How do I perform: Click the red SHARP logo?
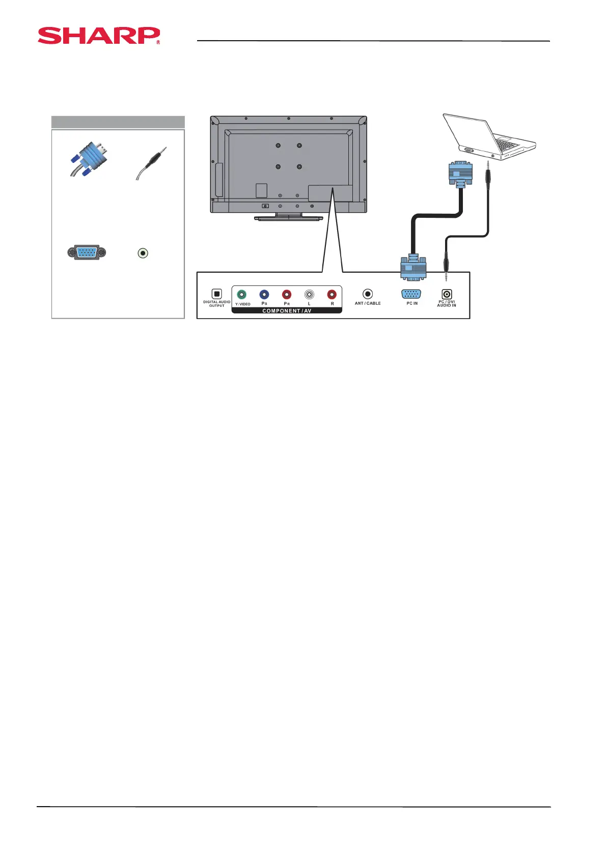tap(98, 36)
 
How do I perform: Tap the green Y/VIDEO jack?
tap(242, 294)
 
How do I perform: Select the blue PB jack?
tap(264, 294)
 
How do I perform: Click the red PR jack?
tap(287, 294)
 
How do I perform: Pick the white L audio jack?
tap(309, 294)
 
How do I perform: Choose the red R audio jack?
tap(332, 294)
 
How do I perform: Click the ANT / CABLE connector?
tap(368, 294)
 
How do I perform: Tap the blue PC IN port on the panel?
tap(411, 294)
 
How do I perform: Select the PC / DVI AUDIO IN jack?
tap(447, 294)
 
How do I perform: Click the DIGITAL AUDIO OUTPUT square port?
tap(217, 294)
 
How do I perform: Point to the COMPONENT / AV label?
tap(287, 310)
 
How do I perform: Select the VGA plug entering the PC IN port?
tap(413, 267)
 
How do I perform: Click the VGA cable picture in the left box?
tap(88, 159)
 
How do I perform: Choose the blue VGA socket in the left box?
tap(87, 252)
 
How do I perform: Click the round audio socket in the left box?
tap(143, 252)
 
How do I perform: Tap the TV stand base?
tap(289, 218)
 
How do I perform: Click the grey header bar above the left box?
tap(118, 122)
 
